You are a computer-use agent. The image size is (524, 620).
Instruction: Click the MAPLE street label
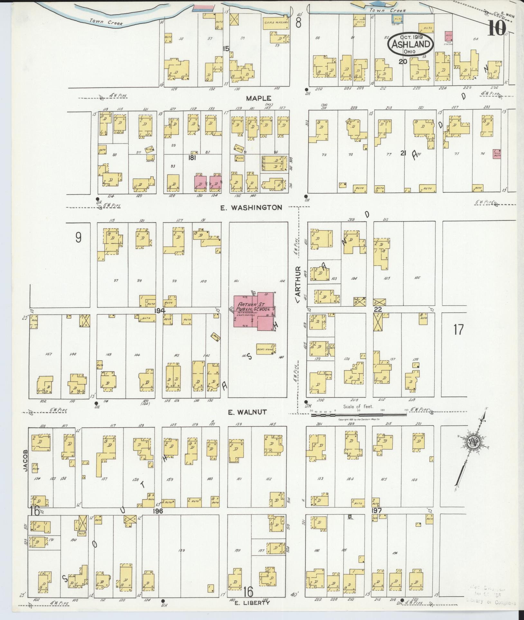pyautogui.click(x=259, y=98)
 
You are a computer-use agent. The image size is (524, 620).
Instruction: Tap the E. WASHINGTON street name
pyautogui.click(x=251, y=208)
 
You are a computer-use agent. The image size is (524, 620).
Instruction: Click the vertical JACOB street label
pyautogui.click(x=26, y=461)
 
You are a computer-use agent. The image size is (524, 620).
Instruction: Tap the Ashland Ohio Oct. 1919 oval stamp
pyautogui.click(x=410, y=44)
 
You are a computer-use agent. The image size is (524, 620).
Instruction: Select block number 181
pyautogui.click(x=192, y=158)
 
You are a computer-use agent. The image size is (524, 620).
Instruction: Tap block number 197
pyautogui.click(x=376, y=511)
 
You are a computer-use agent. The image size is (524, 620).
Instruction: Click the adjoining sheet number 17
pyautogui.click(x=458, y=329)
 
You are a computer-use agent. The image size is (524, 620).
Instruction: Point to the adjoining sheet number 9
pyautogui.click(x=78, y=237)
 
